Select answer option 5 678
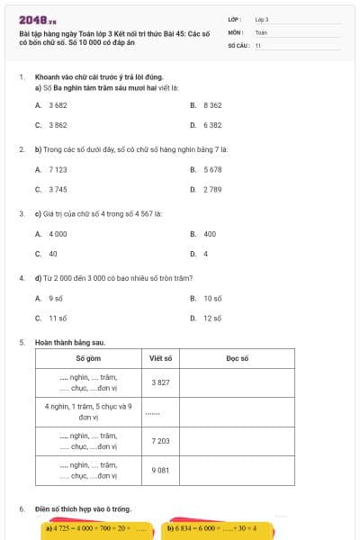point(211,169)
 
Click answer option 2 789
point(211,189)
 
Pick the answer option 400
point(209,234)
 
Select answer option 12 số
point(211,318)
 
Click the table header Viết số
point(160,358)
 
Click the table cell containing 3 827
point(160,382)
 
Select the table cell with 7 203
point(160,441)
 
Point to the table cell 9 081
point(160,470)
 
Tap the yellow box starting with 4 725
point(96,528)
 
